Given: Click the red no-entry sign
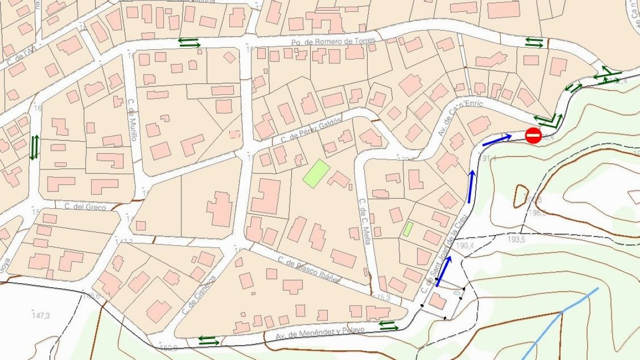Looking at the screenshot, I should point(534,136).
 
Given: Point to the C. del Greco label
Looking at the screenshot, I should point(85,207).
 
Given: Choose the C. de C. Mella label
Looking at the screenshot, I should point(365,221).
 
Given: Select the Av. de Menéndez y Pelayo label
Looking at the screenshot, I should point(321,333).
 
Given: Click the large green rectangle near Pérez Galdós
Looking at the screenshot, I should point(316,174).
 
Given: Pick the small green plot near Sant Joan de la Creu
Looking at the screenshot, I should point(408,228).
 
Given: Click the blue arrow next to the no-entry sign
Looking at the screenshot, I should point(497,140).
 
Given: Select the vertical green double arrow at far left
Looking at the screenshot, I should point(34,147).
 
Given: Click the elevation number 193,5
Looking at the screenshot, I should point(517,240).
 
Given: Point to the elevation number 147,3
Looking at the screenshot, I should point(40,315).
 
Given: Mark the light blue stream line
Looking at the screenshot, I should point(562,312).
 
